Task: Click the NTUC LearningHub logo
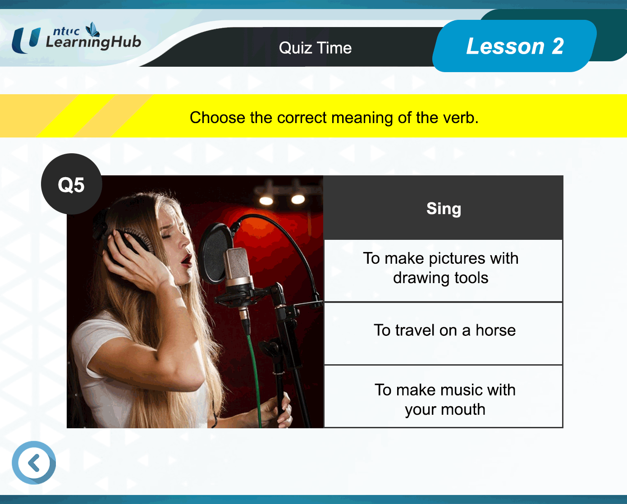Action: (76, 38)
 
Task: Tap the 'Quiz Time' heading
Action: (315, 48)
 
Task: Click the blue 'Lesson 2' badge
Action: (514, 46)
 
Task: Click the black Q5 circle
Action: (71, 184)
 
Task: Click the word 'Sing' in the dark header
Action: (444, 209)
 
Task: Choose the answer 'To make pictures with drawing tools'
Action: (443, 270)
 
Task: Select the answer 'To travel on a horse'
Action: (443, 334)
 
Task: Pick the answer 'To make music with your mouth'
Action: (443, 396)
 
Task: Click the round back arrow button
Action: (34, 463)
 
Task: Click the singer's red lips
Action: (186, 260)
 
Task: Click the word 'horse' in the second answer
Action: (495, 330)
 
